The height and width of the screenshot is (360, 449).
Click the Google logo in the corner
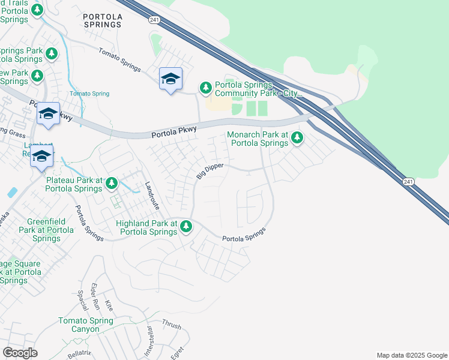(20, 353)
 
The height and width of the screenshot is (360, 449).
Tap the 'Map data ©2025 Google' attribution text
(411, 355)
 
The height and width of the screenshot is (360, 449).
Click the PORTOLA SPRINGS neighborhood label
(102, 20)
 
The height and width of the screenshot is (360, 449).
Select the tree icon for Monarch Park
(297, 139)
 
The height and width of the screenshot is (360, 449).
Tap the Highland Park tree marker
(187, 227)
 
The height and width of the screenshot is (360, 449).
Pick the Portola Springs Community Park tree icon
(206, 89)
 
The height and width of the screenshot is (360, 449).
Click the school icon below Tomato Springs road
(170, 79)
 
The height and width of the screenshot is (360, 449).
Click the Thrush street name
(171, 325)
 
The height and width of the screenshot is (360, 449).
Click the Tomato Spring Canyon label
(86, 325)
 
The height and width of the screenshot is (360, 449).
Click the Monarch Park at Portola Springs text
(258, 139)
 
